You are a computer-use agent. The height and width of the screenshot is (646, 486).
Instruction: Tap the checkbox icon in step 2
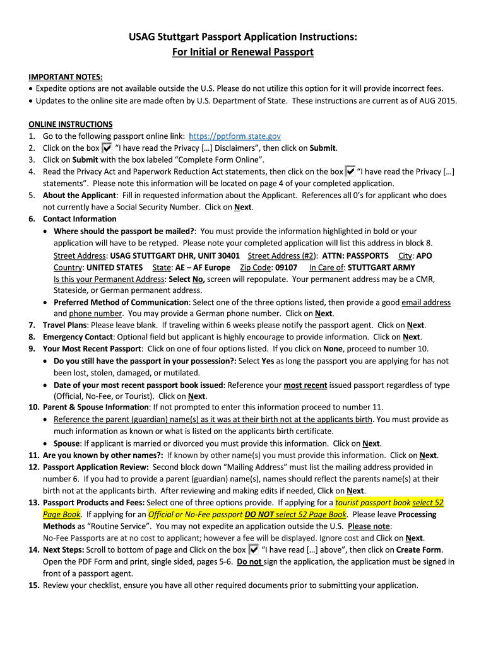pos(107,148)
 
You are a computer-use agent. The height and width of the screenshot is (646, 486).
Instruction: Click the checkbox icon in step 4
pos(350,172)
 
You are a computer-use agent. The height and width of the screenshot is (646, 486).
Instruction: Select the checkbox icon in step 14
pos(254,549)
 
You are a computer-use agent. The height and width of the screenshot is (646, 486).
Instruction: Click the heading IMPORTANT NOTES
pos(66,77)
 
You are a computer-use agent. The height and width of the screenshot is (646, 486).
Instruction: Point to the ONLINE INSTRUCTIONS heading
pos(71,124)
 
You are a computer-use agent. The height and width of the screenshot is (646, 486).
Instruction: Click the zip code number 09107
pos(286,267)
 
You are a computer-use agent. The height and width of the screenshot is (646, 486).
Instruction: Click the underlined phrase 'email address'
pos(426,302)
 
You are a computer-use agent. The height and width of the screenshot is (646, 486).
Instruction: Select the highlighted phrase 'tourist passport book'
pos(372,503)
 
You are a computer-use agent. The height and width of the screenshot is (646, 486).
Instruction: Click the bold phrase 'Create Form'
pos(420,549)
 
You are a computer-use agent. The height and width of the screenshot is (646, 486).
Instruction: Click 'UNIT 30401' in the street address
pos(219,255)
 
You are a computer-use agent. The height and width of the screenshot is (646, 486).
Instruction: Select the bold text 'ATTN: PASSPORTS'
pos(355,255)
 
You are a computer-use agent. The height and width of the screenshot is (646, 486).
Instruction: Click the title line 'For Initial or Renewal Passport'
pos(243,52)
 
